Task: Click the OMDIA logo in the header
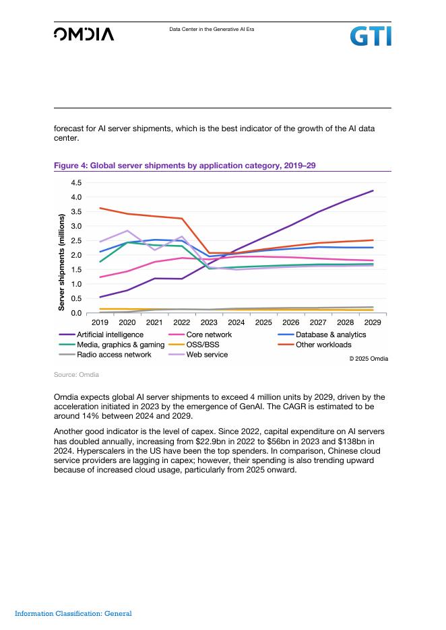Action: pyautogui.click(x=84, y=34)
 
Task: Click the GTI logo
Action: pyautogui.click(x=370, y=36)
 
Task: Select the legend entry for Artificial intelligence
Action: pyautogui.click(x=109, y=335)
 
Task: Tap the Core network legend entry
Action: pyautogui.click(x=209, y=335)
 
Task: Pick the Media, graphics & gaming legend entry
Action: pyautogui.click(x=121, y=345)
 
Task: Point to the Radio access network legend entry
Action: pyautogui.click(x=114, y=355)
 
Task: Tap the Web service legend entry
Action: pyautogui.click(x=207, y=355)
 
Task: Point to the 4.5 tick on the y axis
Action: pyautogui.click(x=75, y=182)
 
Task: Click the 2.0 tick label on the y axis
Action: pyautogui.click(x=75, y=255)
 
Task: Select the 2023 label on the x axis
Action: pyautogui.click(x=209, y=322)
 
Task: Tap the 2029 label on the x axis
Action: pyautogui.click(x=373, y=322)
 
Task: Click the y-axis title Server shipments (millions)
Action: pyautogui.click(x=61, y=262)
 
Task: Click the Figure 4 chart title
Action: pyautogui.click(x=185, y=165)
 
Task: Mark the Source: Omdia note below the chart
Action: pyautogui.click(x=76, y=374)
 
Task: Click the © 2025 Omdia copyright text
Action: pyautogui.click(x=369, y=359)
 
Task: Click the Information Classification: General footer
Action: pyautogui.click(x=73, y=613)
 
